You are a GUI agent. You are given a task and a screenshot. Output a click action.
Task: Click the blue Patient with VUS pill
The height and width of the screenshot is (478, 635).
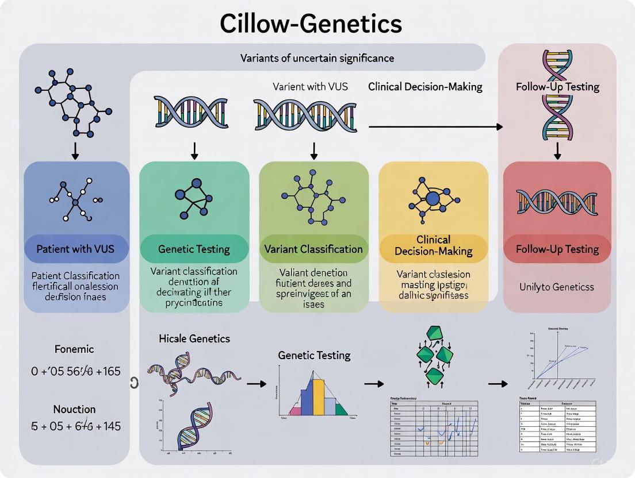click(x=77, y=249)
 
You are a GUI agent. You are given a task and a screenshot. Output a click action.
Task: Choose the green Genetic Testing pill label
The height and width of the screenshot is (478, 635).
click(x=194, y=249)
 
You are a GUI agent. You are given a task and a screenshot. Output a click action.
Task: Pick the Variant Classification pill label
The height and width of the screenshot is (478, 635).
click(x=313, y=249)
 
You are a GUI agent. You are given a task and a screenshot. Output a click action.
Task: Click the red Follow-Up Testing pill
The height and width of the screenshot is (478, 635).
click(x=557, y=249)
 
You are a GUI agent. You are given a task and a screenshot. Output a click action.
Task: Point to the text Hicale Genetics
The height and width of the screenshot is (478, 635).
click(x=194, y=338)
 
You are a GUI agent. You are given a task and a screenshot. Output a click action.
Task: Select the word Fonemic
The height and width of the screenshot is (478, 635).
click(x=74, y=349)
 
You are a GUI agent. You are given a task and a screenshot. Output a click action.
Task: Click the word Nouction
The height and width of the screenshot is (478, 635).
click(x=74, y=409)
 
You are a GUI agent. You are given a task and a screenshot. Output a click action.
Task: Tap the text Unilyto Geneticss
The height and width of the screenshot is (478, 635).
click(x=557, y=287)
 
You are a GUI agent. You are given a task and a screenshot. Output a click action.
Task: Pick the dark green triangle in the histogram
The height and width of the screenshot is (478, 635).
click(x=342, y=409)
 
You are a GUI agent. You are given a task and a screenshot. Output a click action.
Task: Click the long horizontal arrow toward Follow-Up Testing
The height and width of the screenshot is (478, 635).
click(x=435, y=126)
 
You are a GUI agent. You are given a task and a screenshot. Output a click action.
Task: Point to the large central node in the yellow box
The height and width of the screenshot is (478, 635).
click(x=433, y=199)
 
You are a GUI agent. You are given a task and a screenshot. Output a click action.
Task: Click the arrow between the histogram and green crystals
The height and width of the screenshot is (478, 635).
click(x=374, y=384)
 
